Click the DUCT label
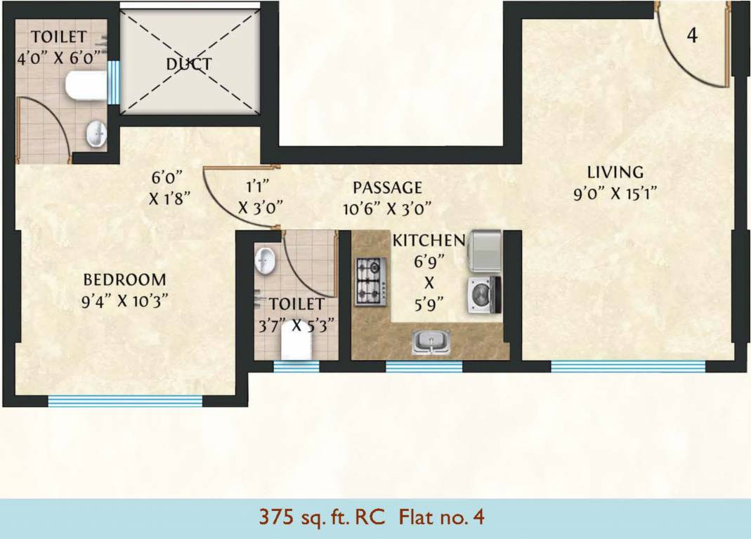point(189,65)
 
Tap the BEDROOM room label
point(124,279)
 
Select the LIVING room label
point(615,172)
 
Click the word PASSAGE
point(387,187)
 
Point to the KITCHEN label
point(429,241)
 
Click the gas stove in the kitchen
point(372,281)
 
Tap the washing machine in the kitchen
point(483,294)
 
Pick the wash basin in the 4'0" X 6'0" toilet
point(96,133)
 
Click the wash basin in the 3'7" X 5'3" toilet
point(265,261)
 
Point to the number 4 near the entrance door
point(692,36)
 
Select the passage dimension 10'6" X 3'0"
point(387,208)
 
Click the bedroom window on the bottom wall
point(125,401)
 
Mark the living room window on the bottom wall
point(627,366)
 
